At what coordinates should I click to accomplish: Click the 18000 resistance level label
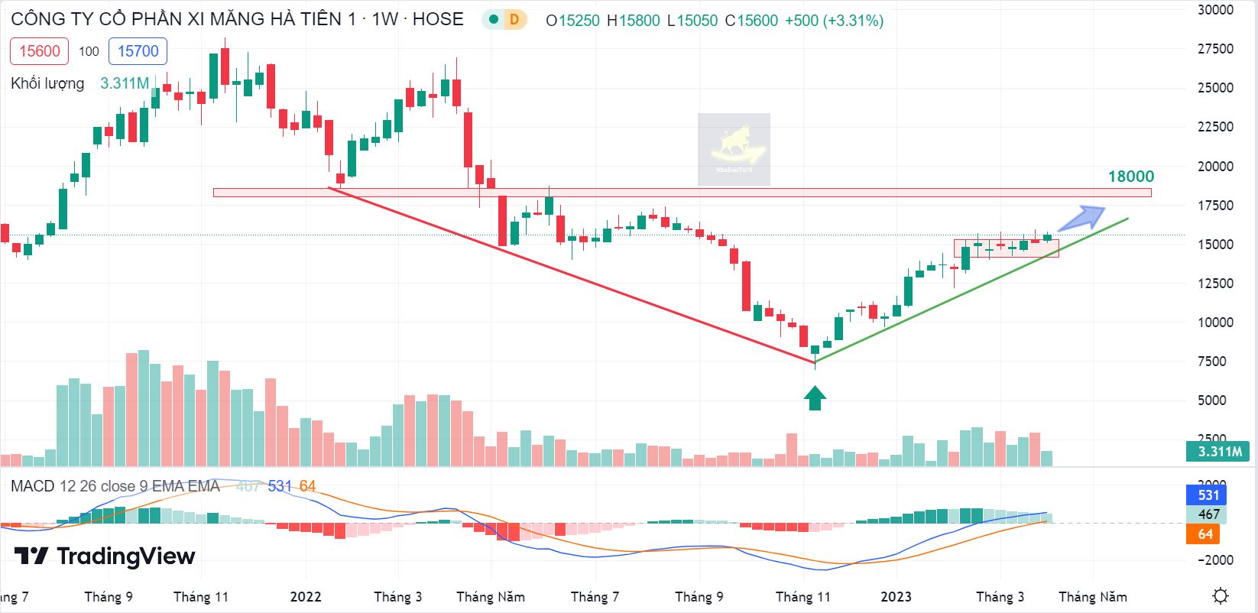(1130, 177)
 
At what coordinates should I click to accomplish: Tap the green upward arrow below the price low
(815, 397)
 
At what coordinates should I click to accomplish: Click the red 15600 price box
(39, 51)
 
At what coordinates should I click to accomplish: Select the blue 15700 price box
(138, 51)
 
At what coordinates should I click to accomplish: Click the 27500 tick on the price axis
(1215, 49)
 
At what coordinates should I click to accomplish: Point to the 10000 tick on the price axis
(1215, 323)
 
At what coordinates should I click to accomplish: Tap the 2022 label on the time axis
(306, 597)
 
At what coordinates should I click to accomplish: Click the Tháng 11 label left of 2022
(201, 597)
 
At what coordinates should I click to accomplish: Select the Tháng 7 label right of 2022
(595, 597)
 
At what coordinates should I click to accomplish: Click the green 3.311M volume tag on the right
(1218, 452)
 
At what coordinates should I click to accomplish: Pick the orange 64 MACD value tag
(1205, 534)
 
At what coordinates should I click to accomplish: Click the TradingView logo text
(126, 556)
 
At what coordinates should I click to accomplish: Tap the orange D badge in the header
(514, 20)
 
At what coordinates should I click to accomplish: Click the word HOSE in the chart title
(438, 19)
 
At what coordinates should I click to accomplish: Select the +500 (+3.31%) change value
(834, 21)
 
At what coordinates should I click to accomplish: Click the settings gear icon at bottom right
(1221, 595)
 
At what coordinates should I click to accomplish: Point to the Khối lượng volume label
(47, 83)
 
